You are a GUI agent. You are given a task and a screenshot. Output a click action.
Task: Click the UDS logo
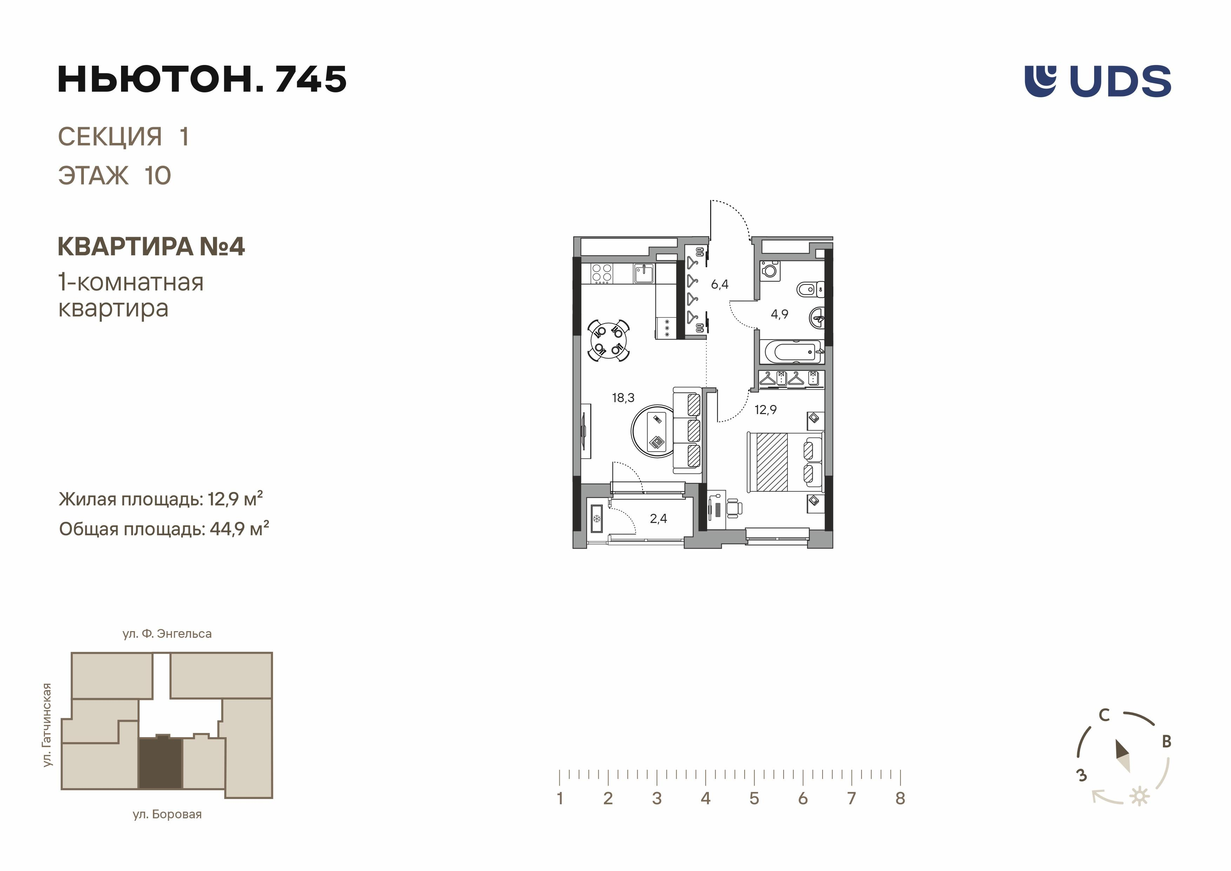coord(1098,81)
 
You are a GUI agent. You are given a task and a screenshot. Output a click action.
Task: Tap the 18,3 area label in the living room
coord(623,398)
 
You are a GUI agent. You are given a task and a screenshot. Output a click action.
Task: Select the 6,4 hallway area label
coord(719,284)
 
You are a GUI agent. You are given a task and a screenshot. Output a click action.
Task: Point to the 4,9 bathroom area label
coord(780,314)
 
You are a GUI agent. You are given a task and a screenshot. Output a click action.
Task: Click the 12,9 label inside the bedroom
coord(766,410)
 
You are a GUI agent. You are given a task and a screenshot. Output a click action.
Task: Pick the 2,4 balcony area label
coord(658,518)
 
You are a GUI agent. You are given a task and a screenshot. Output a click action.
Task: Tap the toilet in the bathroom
coord(810,290)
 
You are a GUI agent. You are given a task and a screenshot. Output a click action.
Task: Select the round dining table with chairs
coord(608,340)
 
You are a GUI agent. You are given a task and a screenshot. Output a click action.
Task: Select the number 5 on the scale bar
coord(754,799)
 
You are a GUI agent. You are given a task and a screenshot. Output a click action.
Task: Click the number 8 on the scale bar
coord(900,799)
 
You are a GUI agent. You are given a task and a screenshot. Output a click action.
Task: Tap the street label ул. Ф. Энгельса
coord(167,634)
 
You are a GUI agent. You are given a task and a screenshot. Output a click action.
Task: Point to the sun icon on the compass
coord(1140,797)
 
